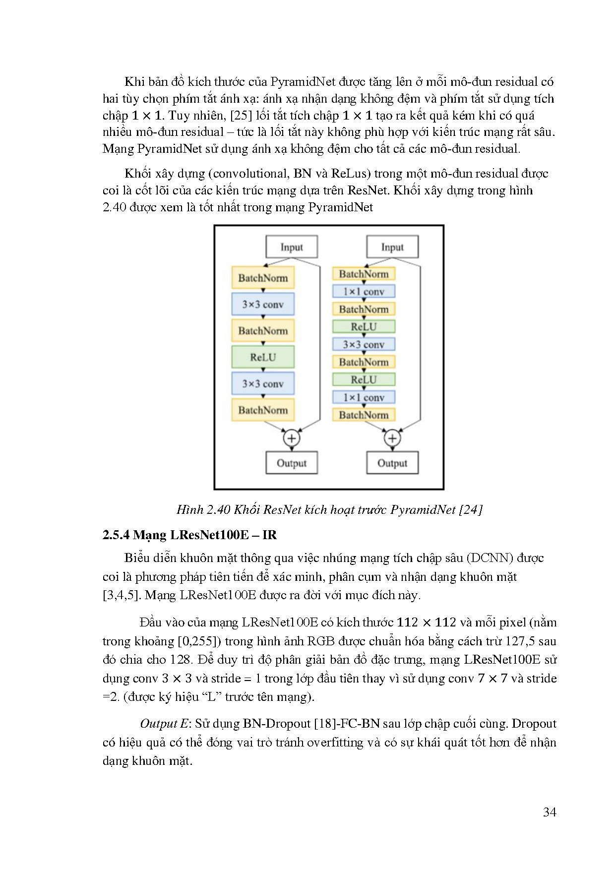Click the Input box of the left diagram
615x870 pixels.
pyautogui.click(x=292, y=247)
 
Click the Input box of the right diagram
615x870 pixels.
pyautogui.click(x=392, y=247)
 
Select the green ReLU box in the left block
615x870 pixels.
pyautogui.click(x=263, y=357)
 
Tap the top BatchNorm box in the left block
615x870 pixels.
pyautogui.click(x=263, y=278)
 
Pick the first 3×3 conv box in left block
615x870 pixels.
pyautogui.click(x=263, y=304)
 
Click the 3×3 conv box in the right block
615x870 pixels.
pyautogui.click(x=364, y=344)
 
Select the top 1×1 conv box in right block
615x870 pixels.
pyautogui.click(x=364, y=292)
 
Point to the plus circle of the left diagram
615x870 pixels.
pyautogui.click(x=292, y=438)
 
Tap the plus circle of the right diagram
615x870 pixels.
pyautogui.click(x=392, y=438)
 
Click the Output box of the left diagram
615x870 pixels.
pyautogui.click(x=292, y=463)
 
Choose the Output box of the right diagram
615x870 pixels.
pyautogui.click(x=392, y=463)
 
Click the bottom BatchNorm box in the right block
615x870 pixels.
pyautogui.click(x=364, y=415)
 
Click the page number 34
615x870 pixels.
pyautogui.click(x=550, y=812)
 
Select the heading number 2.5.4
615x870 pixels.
pyautogui.click(x=116, y=535)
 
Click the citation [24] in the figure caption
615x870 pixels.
pyautogui.click(x=471, y=510)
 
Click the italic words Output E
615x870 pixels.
pyautogui.click(x=164, y=724)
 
